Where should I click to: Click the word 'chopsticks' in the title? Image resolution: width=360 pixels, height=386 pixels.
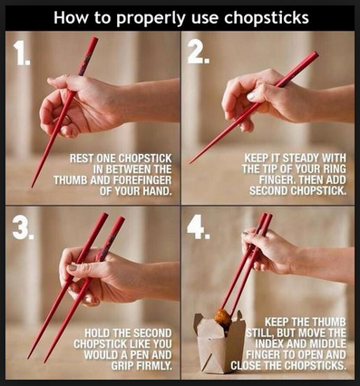(267, 18)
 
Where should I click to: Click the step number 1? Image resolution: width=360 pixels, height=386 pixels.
(21, 53)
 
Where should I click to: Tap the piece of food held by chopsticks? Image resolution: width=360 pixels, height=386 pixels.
(223, 318)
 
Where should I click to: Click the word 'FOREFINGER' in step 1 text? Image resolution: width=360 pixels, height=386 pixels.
(142, 180)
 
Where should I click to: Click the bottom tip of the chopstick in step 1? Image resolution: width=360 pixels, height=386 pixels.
(32, 188)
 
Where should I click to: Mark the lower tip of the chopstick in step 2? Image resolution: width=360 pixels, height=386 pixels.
(190, 163)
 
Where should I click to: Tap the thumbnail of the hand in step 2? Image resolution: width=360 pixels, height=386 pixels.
(251, 96)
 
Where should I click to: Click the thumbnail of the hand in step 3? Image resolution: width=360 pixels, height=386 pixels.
(72, 267)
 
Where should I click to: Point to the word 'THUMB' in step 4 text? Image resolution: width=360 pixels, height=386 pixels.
(327, 322)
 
